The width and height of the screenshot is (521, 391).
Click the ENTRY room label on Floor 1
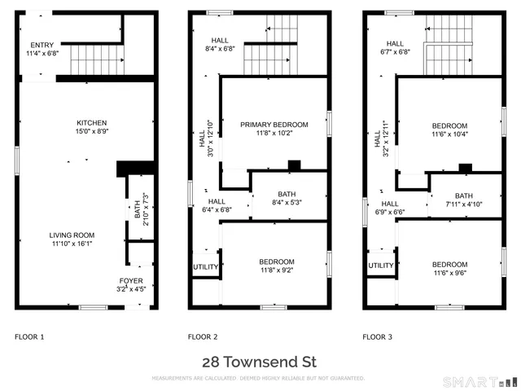[42, 46]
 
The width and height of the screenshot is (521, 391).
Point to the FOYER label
[131, 280]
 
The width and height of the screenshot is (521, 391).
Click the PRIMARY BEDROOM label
[274, 125]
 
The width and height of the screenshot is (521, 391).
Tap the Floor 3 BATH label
[463, 195]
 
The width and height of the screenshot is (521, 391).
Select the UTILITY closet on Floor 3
[381, 266]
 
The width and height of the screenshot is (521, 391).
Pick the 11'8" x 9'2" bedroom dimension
[274, 270]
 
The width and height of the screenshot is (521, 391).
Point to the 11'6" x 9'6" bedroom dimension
[449, 273]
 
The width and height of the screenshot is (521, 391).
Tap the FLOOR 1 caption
[29, 336]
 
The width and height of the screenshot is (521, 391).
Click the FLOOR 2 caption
[203, 336]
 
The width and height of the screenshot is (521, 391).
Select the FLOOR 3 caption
[377, 336]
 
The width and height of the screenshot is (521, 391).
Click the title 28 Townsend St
[259, 362]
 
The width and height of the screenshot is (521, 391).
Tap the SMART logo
[479, 381]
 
